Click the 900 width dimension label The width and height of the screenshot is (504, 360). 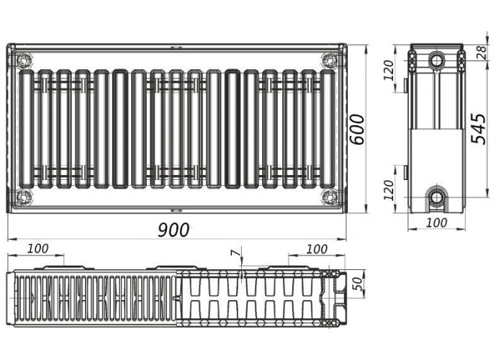point(174,230)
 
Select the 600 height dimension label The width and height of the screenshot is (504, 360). point(357,129)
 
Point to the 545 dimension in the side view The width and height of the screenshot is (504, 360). point(478,128)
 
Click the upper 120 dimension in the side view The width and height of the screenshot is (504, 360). point(389,70)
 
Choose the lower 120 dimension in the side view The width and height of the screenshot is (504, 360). point(389,190)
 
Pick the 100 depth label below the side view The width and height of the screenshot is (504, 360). point(437,222)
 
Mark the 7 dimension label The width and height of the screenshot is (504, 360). point(236,253)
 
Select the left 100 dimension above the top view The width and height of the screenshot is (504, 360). point(38,248)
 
